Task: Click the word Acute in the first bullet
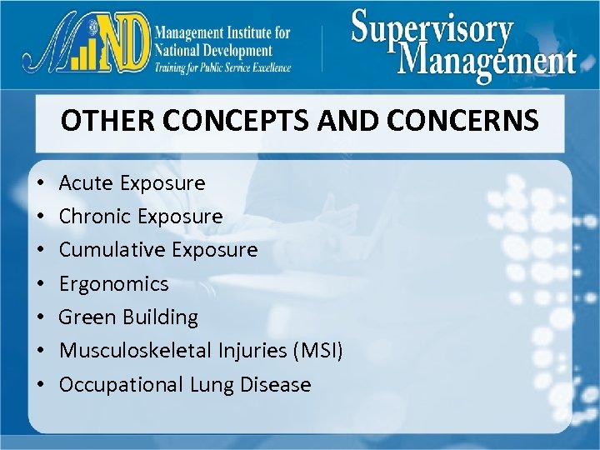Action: [87, 182]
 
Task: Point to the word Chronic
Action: [96, 217]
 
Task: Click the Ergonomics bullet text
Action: [113, 284]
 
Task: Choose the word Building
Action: [160, 317]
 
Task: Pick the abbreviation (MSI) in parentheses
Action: [316, 351]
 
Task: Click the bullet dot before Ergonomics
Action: [41, 285]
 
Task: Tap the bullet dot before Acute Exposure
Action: [41, 183]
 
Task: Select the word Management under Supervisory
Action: [487, 62]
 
